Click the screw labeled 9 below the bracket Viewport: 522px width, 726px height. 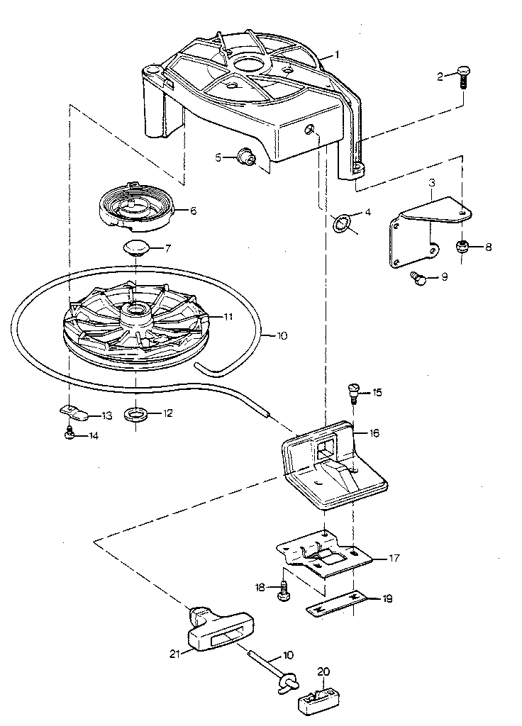(x=419, y=279)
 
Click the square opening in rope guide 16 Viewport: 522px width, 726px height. (x=328, y=446)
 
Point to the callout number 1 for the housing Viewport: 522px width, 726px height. (x=338, y=55)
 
